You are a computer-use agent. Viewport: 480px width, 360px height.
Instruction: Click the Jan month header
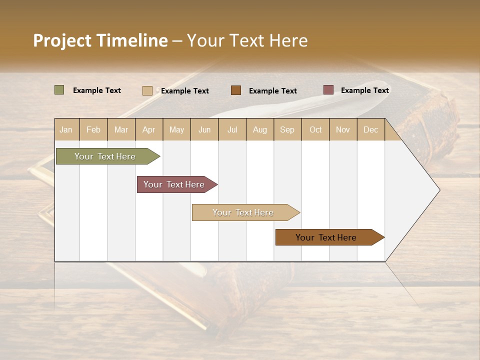click(66, 129)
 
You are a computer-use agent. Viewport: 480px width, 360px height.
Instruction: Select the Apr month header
click(149, 129)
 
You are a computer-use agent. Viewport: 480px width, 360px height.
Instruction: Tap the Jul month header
click(232, 129)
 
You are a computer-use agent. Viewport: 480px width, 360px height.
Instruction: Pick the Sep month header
click(287, 129)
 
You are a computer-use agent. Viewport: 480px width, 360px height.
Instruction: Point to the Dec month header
click(370, 129)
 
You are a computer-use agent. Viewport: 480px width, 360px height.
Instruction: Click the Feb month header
click(93, 129)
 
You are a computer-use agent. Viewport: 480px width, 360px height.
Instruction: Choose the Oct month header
click(315, 129)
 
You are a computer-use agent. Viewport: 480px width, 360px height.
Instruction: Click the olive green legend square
click(59, 90)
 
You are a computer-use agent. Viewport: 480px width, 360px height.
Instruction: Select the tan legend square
click(147, 90)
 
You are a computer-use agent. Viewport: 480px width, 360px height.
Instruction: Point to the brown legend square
click(236, 90)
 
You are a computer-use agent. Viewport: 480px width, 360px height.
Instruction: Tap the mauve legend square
click(328, 90)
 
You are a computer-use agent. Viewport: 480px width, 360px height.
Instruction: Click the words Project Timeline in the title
click(100, 40)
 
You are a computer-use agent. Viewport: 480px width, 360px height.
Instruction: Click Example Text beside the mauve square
click(364, 90)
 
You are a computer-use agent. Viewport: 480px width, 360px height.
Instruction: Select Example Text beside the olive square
click(97, 90)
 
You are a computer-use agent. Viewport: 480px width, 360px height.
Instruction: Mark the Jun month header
click(204, 129)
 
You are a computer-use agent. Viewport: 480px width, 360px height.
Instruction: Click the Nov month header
click(343, 129)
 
